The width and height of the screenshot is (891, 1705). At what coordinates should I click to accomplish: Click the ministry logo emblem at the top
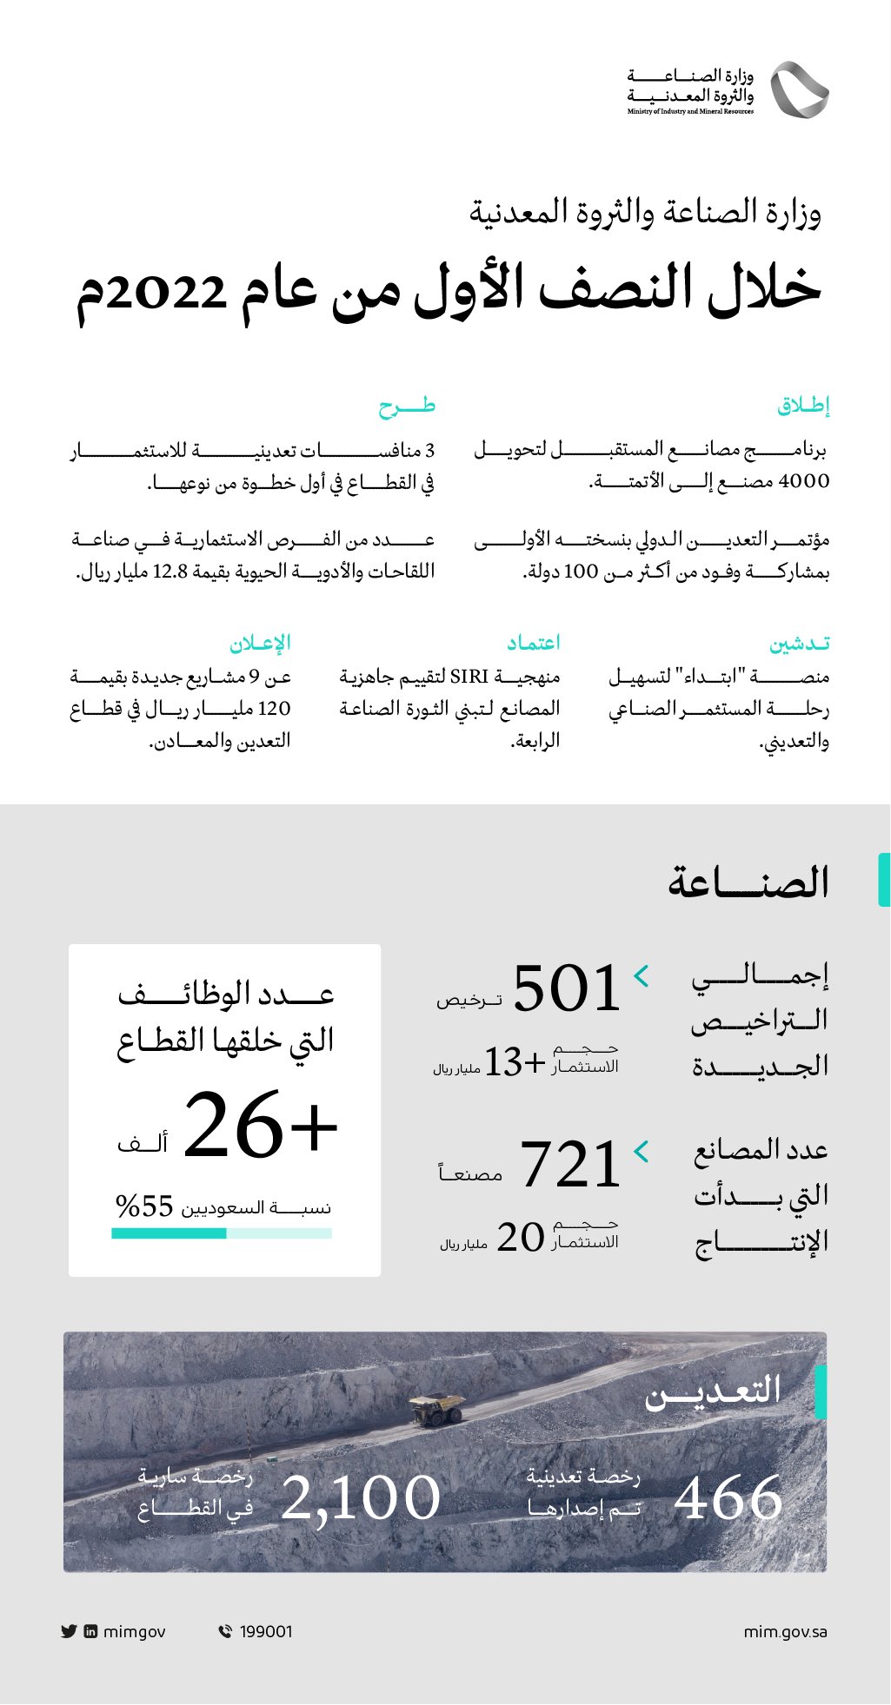coord(799,89)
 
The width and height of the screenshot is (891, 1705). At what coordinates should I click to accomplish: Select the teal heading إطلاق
coord(803,406)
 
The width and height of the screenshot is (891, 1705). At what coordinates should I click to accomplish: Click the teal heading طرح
coord(407,406)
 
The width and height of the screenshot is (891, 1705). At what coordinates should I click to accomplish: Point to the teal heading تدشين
coord(799,644)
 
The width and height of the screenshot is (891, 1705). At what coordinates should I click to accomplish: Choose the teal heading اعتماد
coord(534,643)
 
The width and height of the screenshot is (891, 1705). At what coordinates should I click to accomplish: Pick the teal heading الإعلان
coord(260,644)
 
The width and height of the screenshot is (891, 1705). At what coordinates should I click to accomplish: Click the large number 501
coord(567,988)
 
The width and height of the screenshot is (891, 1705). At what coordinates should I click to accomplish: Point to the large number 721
coord(570,1165)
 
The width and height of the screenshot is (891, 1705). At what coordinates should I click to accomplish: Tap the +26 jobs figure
coord(260,1127)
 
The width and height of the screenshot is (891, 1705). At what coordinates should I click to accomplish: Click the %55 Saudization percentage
coord(145,1206)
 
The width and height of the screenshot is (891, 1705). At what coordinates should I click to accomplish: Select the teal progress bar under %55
coord(170,1233)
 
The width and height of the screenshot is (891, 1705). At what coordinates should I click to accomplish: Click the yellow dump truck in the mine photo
coord(437,1409)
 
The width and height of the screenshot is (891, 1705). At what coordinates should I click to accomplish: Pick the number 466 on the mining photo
coord(728,1499)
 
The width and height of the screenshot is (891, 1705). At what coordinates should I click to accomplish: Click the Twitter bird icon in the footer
coord(70,1631)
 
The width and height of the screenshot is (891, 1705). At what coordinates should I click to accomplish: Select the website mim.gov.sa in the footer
coord(785,1631)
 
